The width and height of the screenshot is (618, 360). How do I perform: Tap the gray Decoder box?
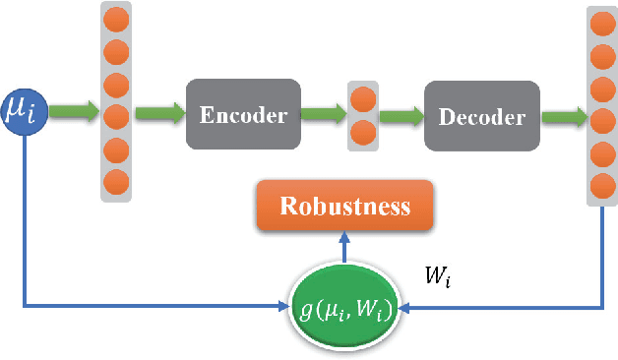481,118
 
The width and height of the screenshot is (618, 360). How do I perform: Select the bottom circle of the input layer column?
116,181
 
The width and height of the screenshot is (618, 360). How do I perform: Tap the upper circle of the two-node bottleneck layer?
362,99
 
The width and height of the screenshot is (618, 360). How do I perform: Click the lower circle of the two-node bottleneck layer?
362,132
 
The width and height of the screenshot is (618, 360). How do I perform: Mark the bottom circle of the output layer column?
600,184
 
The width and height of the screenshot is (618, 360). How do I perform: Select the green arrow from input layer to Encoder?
157,115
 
